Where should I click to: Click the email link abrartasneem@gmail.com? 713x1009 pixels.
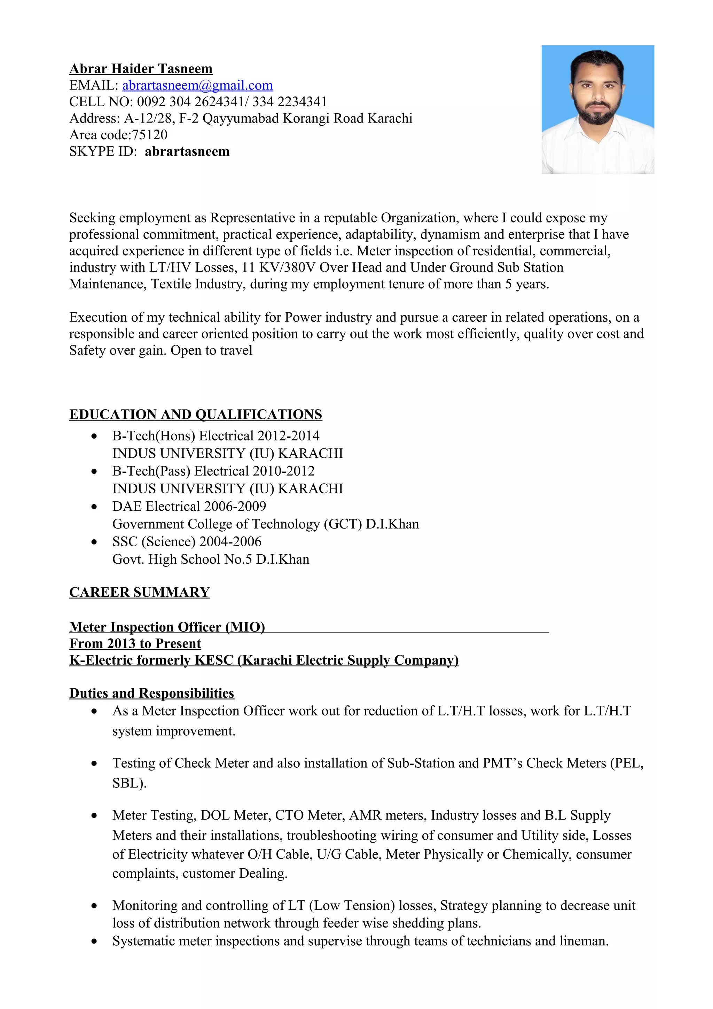coord(197,85)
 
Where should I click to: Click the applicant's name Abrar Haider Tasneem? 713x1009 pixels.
coord(141,69)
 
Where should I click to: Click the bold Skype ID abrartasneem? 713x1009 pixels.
coord(187,151)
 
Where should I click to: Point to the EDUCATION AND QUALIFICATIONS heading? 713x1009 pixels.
coord(196,414)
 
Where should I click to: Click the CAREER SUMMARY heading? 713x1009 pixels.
coord(139,592)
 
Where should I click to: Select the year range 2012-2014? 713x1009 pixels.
coord(289,436)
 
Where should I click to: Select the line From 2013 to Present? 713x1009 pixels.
coord(135,643)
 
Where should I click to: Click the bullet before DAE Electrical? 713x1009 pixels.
coord(94,507)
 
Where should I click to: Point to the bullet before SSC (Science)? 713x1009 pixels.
coord(94,542)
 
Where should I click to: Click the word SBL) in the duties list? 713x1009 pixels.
coord(129,783)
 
